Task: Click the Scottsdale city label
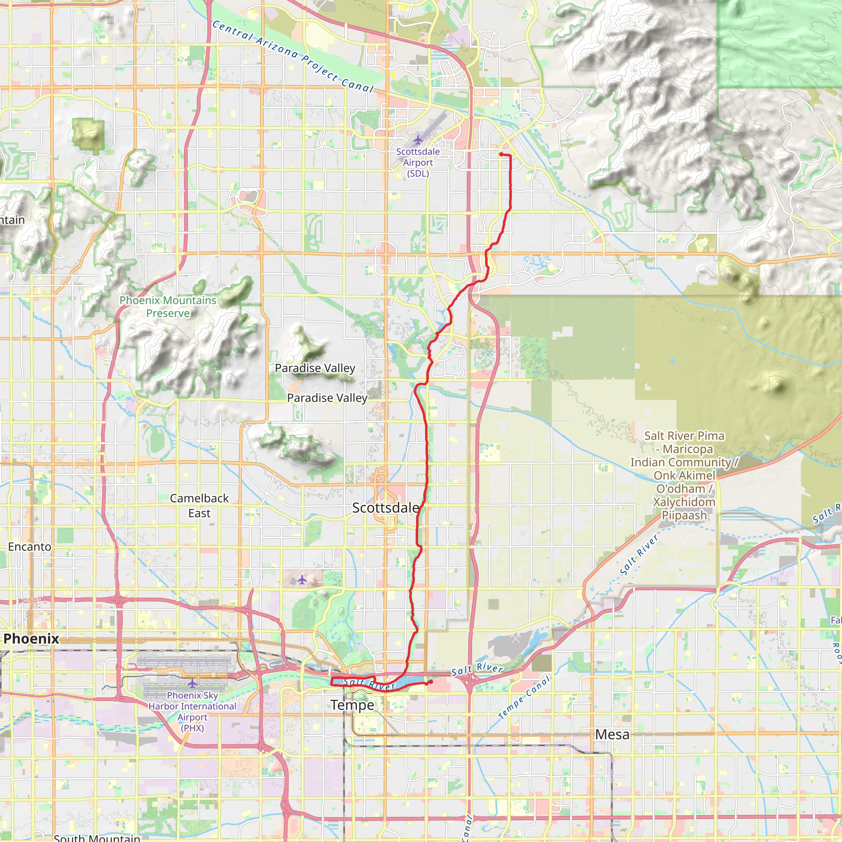coord(385,508)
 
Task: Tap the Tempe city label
coord(352,705)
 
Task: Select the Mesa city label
coord(612,734)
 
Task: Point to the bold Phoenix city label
coord(31,638)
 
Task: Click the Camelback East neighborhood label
coord(199,506)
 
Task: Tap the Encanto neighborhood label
coord(30,546)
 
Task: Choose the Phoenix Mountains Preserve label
coord(168,307)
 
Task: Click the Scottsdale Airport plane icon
coord(418,140)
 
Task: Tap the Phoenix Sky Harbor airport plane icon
coord(192,683)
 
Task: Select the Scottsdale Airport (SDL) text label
coord(418,162)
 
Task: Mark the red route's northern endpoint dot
coord(501,154)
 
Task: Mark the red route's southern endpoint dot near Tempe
coord(430,682)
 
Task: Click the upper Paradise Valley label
coord(315,368)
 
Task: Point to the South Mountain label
coord(97,837)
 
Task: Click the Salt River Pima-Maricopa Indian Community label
coord(684,476)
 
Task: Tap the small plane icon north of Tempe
coord(302,580)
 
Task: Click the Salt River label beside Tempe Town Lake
coord(370,684)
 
